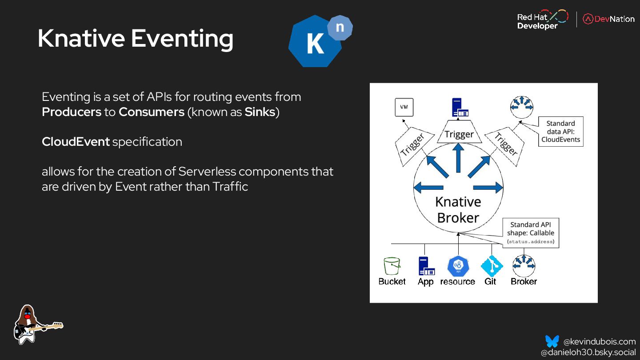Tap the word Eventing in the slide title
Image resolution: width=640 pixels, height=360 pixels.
point(182,39)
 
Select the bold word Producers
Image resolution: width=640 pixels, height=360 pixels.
point(72,112)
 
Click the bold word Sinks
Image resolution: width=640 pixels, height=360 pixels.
point(260,112)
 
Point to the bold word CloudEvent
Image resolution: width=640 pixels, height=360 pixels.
point(76,142)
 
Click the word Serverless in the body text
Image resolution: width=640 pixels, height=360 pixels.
point(207,172)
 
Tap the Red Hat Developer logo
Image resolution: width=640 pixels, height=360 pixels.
point(542,20)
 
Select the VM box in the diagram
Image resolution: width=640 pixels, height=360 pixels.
point(404,107)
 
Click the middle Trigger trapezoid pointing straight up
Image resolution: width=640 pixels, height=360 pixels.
point(459,134)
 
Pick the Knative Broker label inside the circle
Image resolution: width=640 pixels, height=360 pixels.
point(458,210)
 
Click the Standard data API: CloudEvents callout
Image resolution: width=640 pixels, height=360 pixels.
point(560,132)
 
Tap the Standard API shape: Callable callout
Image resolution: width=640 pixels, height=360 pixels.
point(531,233)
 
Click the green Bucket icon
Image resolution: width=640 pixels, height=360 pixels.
point(392,266)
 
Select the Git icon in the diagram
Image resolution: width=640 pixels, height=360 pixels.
point(491,266)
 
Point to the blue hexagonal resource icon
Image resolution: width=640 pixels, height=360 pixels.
point(458,266)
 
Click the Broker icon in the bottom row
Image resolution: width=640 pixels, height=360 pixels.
point(524,266)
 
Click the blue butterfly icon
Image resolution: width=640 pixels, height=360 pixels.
point(552,341)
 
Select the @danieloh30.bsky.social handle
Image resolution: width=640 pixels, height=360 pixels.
point(588,352)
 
